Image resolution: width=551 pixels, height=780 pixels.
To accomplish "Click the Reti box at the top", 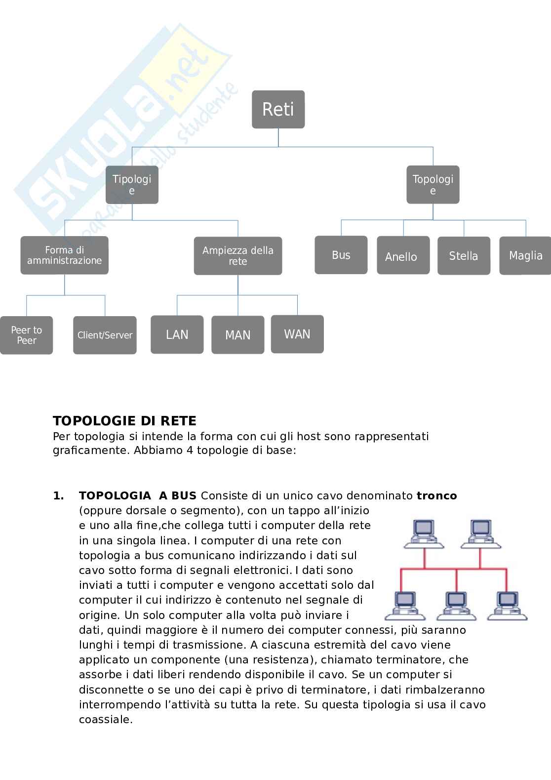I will tap(278, 109).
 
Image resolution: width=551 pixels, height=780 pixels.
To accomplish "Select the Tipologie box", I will tap(132, 185).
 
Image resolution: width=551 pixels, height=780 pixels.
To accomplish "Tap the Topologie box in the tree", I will tap(433, 185).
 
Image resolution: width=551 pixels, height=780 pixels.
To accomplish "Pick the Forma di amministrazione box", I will tap(64, 255).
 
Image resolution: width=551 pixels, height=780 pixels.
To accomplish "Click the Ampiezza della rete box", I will tap(237, 256).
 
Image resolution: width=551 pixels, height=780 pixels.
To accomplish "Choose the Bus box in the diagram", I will tap(341, 255).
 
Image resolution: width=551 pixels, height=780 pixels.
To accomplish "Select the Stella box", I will tap(464, 256).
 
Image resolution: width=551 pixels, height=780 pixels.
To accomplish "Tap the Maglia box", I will tap(525, 255).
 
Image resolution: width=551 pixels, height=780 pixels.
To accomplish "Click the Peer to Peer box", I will tap(26, 335).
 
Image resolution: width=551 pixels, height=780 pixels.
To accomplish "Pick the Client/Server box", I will tap(105, 335).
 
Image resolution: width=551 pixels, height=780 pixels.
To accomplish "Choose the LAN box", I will tap(177, 334).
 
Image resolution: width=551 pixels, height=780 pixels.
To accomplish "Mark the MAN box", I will tap(237, 335).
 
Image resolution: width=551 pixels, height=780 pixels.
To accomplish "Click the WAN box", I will tap(297, 334).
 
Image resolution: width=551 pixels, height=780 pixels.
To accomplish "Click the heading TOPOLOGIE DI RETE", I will tap(124, 421).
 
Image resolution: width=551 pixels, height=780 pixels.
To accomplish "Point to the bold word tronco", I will tap(436, 495).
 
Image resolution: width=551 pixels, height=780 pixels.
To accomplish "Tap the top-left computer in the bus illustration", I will tap(423, 534).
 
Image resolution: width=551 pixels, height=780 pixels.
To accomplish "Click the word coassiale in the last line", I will tap(105, 719).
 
